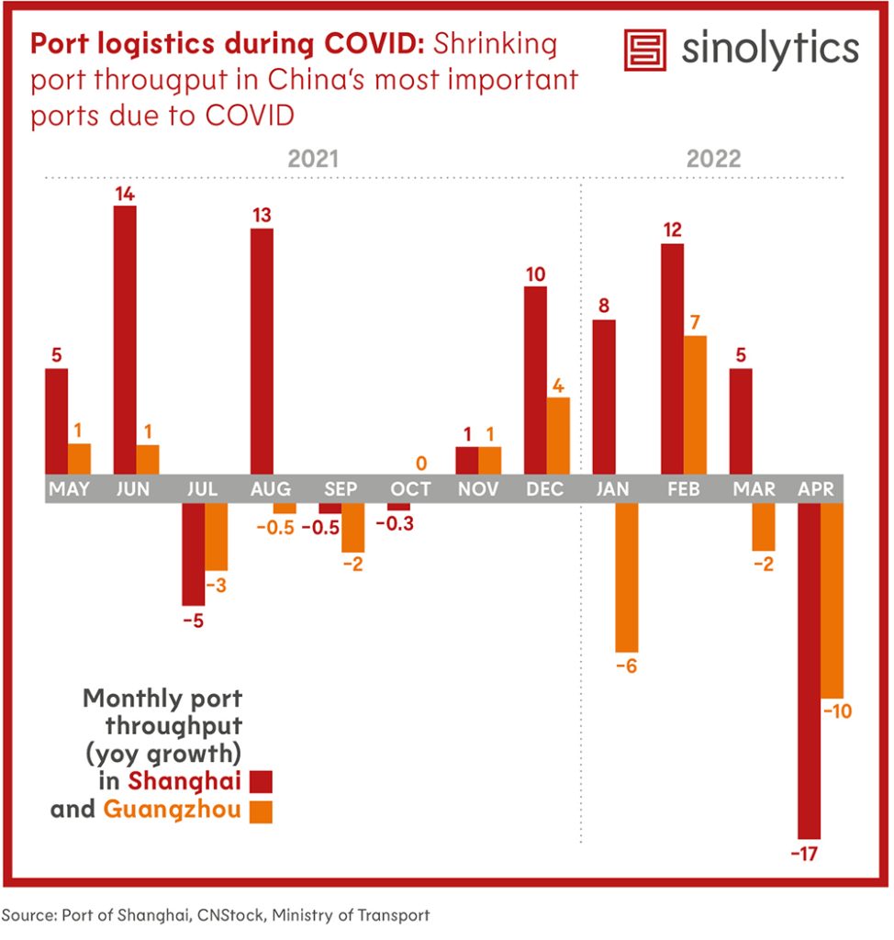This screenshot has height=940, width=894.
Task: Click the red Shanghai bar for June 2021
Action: tap(125, 340)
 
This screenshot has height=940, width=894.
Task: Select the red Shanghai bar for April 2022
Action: tap(809, 669)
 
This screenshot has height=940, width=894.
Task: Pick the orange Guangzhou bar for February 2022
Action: tap(695, 405)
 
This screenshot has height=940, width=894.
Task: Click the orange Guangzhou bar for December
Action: tap(558, 436)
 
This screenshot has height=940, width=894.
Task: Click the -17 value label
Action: tap(809, 855)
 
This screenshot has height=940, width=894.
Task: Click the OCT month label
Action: tap(409, 489)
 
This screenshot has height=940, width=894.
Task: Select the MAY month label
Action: tap(69, 489)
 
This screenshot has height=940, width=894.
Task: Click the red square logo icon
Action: tap(644, 49)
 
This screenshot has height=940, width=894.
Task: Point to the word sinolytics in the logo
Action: tap(769, 49)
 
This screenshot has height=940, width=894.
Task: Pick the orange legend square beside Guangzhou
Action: tap(262, 811)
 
